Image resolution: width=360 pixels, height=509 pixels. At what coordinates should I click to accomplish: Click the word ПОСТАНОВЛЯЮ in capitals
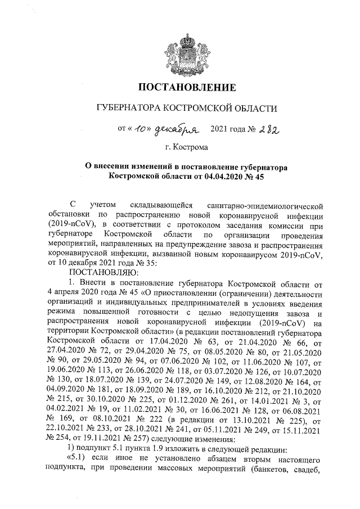[98, 268]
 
